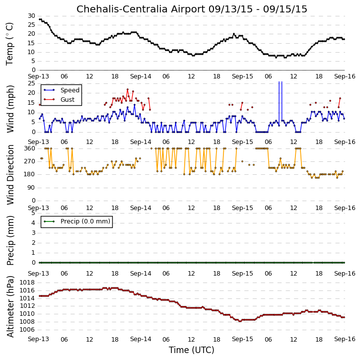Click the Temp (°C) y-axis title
tap(9, 44)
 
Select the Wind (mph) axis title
tap(10, 109)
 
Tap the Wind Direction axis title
tap(10, 174)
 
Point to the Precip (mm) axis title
tap(10, 241)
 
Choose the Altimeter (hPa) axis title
tap(10, 306)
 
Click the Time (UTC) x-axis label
tap(192, 350)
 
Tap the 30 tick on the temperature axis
tap(31, 16)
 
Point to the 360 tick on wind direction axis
tap(30, 148)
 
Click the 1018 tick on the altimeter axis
tap(27, 283)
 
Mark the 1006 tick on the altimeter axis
tap(27, 330)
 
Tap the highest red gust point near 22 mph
tap(128, 89)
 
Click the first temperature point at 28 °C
tap(40, 19)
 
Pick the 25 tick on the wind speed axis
tap(31, 83)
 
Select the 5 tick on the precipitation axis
tap(33, 213)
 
